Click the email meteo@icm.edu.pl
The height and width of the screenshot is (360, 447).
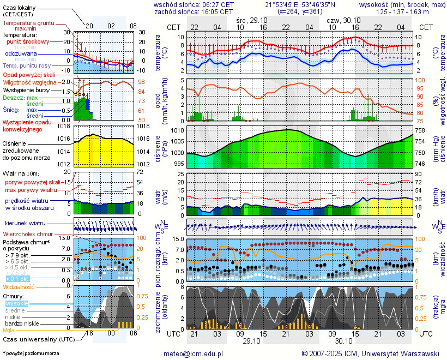[194, 353]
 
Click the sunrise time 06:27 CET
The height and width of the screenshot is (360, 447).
[218, 4]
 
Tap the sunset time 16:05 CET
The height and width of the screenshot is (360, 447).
[218, 11]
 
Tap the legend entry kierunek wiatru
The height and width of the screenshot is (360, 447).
[25, 224]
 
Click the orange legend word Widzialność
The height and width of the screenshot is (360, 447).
[19, 286]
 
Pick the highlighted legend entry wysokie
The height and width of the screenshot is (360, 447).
[16, 303]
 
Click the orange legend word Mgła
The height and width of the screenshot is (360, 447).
[9, 330]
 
